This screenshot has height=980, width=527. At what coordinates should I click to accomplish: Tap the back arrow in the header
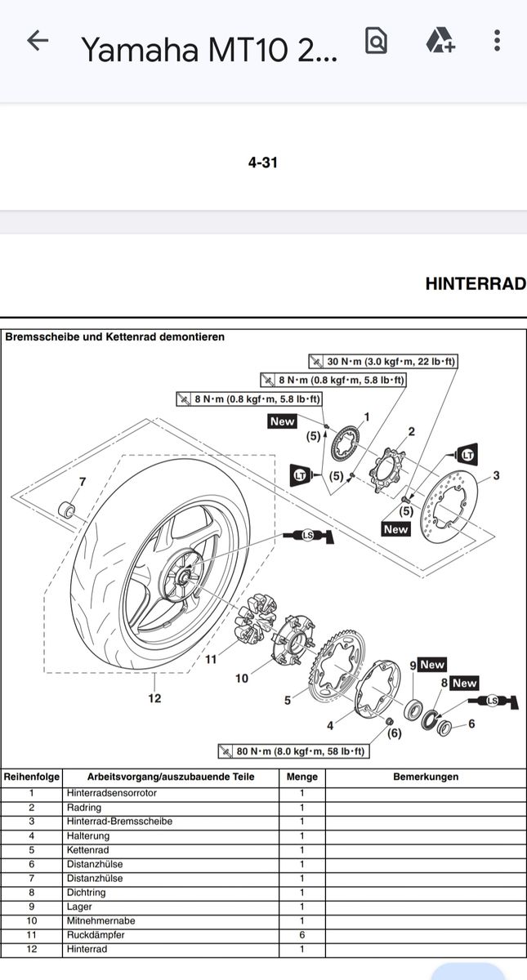(x=38, y=42)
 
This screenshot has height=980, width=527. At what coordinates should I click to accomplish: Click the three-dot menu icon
(x=498, y=41)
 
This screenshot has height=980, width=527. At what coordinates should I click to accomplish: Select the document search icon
(x=376, y=41)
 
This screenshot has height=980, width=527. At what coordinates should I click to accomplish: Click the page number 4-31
(x=263, y=163)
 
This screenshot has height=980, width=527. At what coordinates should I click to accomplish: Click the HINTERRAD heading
(x=476, y=284)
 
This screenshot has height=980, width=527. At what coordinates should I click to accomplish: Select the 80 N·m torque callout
(x=293, y=751)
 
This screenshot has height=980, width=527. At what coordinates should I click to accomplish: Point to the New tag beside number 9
(x=432, y=666)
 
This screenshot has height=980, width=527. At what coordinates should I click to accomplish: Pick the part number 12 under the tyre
(x=154, y=698)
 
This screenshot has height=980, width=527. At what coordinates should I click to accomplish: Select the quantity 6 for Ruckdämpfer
(x=301, y=935)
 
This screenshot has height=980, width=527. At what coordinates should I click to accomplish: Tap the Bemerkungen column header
(x=426, y=777)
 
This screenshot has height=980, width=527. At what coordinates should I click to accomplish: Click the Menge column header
(x=301, y=777)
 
